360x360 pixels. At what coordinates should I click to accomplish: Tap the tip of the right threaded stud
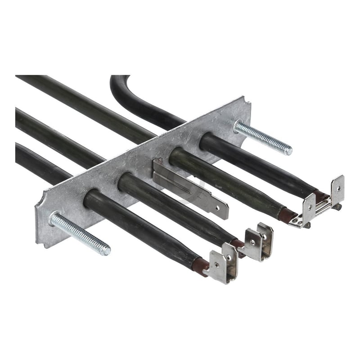[288, 151]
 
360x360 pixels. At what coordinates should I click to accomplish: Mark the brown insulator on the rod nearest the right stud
[320, 195]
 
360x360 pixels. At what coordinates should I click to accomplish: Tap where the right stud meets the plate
[238, 126]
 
